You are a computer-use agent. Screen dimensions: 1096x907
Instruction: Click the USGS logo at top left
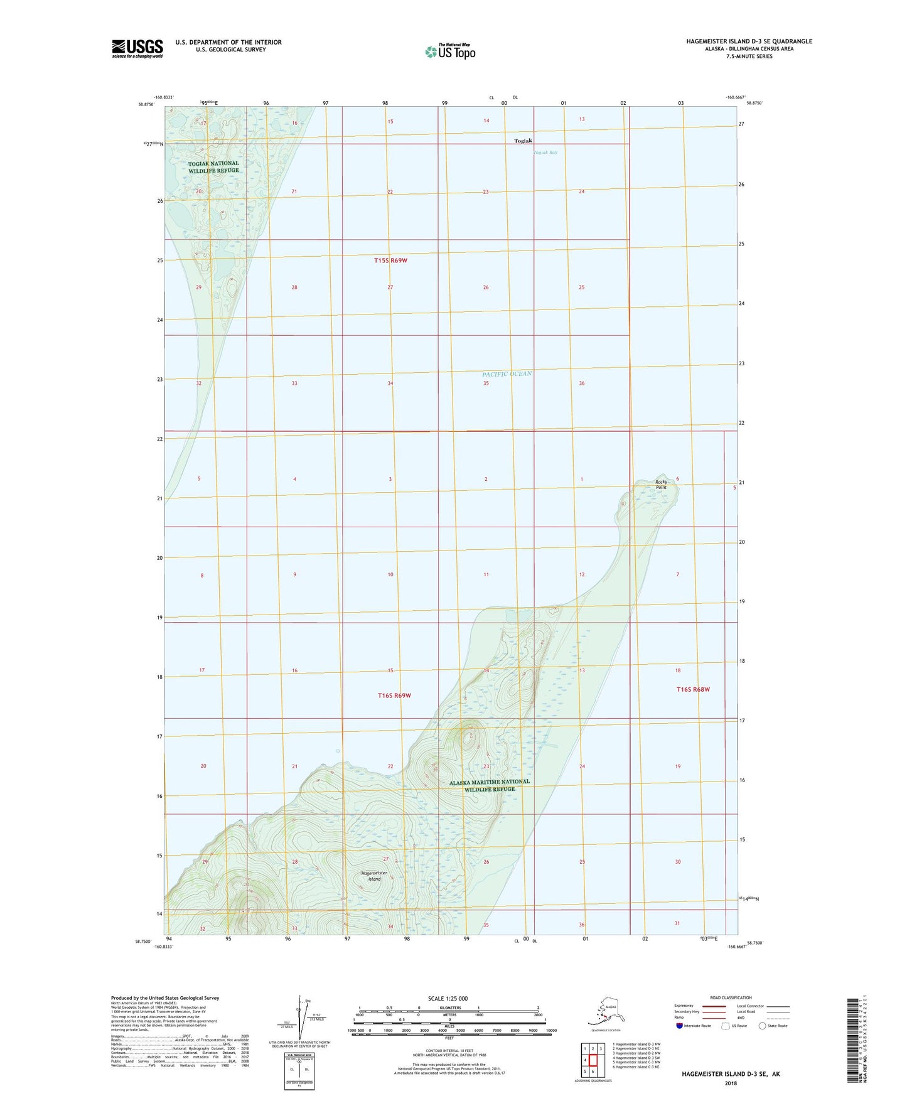coord(137,48)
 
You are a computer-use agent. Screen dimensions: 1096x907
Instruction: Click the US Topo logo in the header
coord(449,51)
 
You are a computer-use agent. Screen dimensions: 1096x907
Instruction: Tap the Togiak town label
coord(523,141)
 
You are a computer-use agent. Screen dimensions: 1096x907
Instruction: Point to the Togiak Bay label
coord(544,153)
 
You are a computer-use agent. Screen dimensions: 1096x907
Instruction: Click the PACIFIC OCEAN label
coord(507,374)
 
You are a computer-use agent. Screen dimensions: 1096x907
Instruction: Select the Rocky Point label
coord(661,485)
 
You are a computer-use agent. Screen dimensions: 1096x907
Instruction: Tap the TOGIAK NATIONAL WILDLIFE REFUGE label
coord(213,167)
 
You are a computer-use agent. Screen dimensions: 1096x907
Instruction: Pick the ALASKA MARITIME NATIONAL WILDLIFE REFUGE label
coord(490,785)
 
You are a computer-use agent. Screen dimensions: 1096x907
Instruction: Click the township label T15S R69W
coord(390,260)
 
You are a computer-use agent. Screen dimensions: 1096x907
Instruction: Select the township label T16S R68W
coord(693,689)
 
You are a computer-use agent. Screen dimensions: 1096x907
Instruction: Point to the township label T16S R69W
coord(394,696)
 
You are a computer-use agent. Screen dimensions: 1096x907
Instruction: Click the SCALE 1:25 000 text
coord(448,999)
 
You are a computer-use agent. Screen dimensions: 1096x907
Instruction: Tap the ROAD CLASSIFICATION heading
coord(731,997)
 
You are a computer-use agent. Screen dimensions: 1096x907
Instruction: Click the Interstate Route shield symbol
coord(679,1026)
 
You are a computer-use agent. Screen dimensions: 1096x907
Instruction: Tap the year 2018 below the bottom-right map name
coord(731,1083)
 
